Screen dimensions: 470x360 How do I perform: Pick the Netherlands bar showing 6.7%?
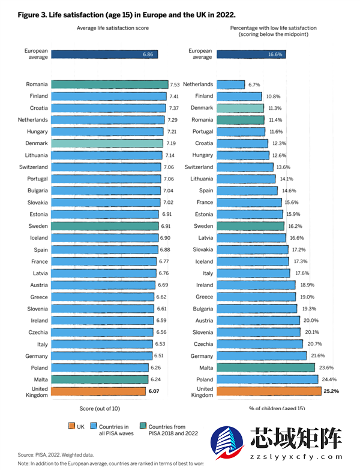(230, 85)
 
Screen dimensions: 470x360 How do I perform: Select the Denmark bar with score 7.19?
(107, 143)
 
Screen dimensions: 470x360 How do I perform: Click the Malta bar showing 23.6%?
(265, 367)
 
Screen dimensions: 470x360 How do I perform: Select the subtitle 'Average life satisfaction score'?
(113, 28)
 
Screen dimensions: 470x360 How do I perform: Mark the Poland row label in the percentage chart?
(205, 379)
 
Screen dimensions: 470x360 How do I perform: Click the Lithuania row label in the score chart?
(35, 155)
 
